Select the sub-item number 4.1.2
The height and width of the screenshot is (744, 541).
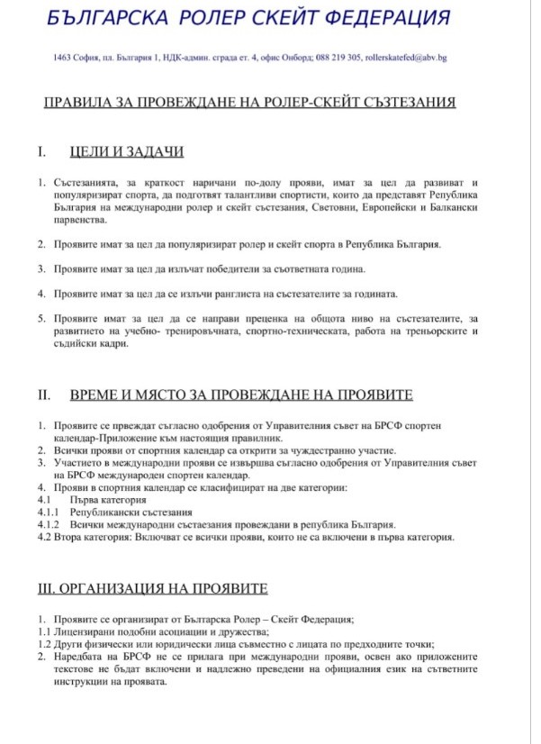[48, 524]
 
